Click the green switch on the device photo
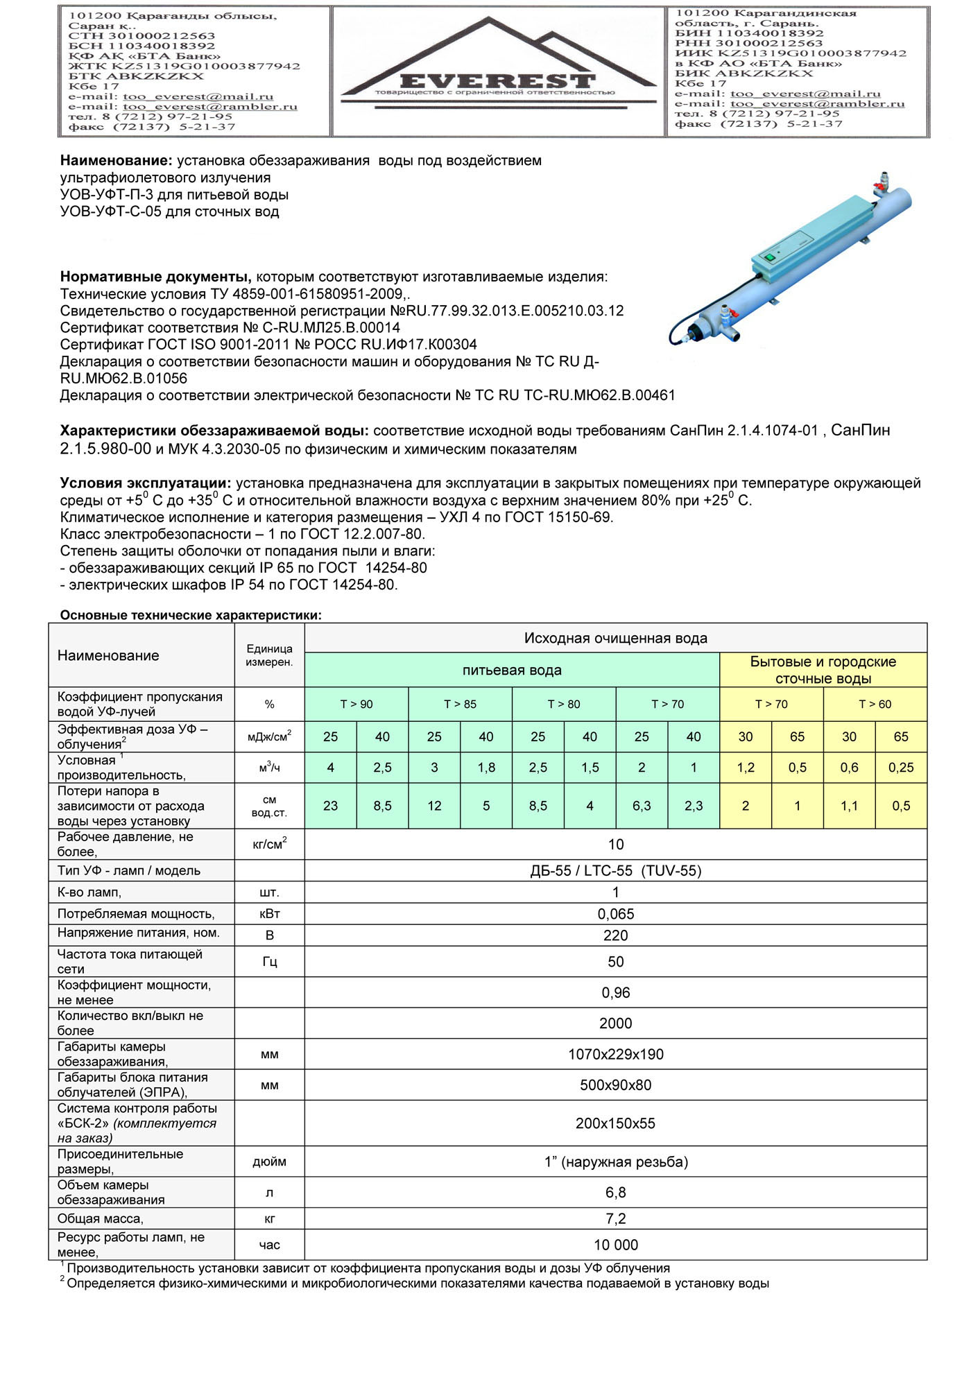click(x=768, y=257)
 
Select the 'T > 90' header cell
click(x=356, y=705)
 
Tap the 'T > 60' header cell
click(x=875, y=705)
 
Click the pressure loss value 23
click(x=331, y=806)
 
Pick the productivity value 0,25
click(x=901, y=768)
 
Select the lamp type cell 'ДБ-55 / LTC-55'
click(x=615, y=871)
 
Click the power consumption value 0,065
click(x=616, y=914)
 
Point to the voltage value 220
click(x=616, y=935)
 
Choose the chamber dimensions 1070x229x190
click(x=616, y=1055)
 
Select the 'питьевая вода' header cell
click(x=512, y=671)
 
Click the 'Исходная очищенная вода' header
click(x=616, y=638)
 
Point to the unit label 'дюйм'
click(x=270, y=1162)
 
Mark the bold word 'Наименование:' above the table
click(x=116, y=161)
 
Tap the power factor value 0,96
click(x=616, y=993)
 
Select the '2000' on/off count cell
click(x=616, y=1024)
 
